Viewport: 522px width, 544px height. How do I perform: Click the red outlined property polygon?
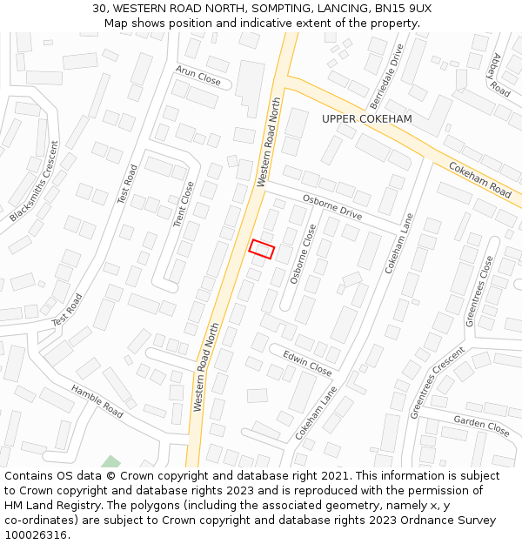(x=262, y=249)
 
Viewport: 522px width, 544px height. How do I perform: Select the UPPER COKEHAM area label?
(x=366, y=118)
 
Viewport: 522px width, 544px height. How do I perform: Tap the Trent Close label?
(x=184, y=205)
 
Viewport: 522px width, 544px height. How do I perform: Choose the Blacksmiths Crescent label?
(x=34, y=180)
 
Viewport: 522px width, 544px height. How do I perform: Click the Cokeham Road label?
(x=480, y=178)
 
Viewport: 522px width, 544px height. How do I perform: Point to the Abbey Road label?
(x=499, y=75)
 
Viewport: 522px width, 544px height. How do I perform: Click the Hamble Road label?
(x=97, y=401)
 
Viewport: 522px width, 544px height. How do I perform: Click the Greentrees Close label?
(x=479, y=291)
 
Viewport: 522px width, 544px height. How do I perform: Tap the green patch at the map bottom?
(x=110, y=462)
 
